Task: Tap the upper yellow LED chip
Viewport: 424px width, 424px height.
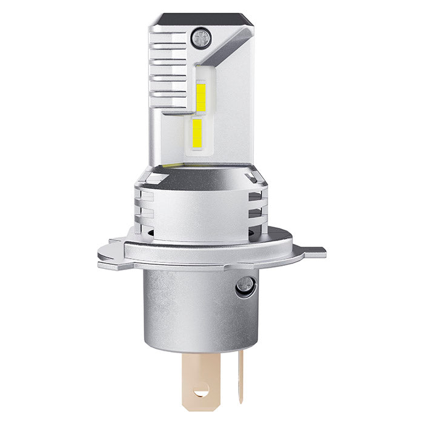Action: pyautogui.click(x=201, y=98)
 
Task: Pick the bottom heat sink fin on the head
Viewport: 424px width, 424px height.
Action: pyautogui.click(x=173, y=109)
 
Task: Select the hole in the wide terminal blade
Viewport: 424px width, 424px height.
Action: pyautogui.click(x=200, y=391)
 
